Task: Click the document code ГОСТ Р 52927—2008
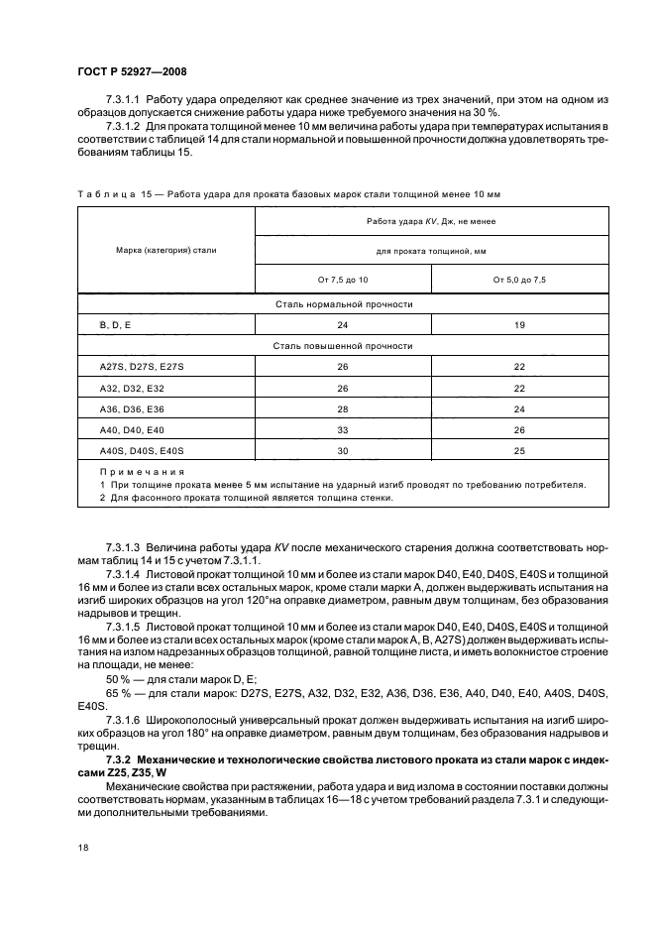click(132, 72)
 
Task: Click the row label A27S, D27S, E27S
click(128, 367)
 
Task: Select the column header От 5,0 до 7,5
click(520, 281)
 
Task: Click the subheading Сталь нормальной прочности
click(344, 303)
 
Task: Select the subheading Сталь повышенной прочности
click(344, 346)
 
